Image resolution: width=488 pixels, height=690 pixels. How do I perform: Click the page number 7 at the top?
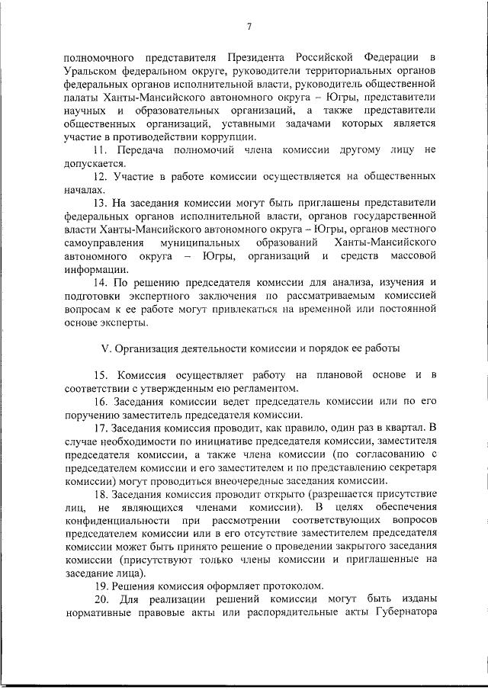(249, 28)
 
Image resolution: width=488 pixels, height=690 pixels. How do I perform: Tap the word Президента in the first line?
(255, 58)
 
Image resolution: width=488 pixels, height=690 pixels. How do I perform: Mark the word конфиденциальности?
(117, 520)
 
